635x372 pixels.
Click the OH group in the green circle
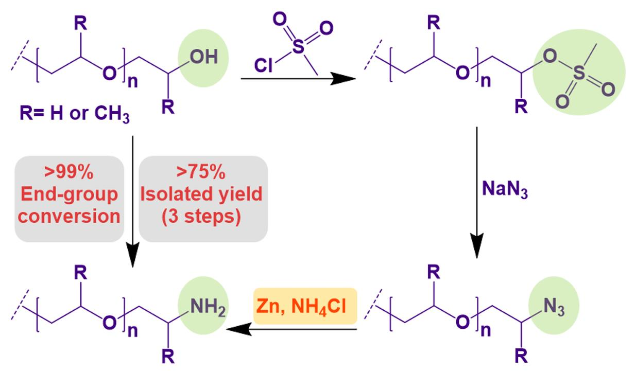pos(204,57)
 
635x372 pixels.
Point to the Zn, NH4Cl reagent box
pos(305,307)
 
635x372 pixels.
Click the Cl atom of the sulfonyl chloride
pos(263,65)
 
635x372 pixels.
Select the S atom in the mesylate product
pos(579,75)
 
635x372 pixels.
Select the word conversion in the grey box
pos(69,217)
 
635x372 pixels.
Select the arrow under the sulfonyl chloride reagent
pos(299,79)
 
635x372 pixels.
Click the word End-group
pos(69,194)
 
